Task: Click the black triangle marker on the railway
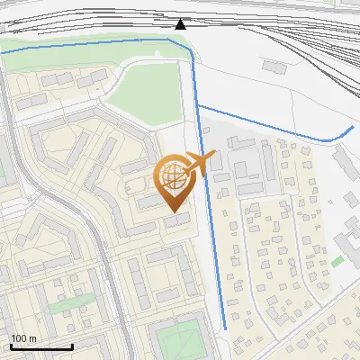(x=181, y=24)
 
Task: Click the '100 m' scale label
(x=24, y=338)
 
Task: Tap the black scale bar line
(x=41, y=346)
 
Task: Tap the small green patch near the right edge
(x=337, y=261)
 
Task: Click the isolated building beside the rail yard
(x=274, y=66)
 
